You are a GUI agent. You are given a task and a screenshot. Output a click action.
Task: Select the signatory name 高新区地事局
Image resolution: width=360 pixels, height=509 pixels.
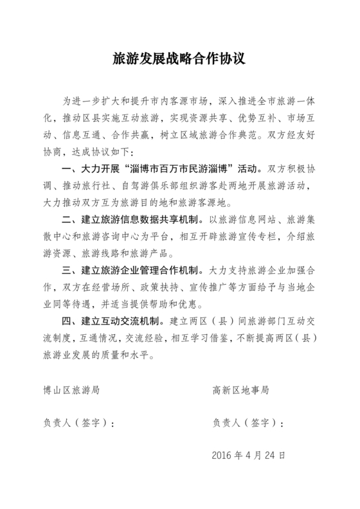click(x=240, y=389)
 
